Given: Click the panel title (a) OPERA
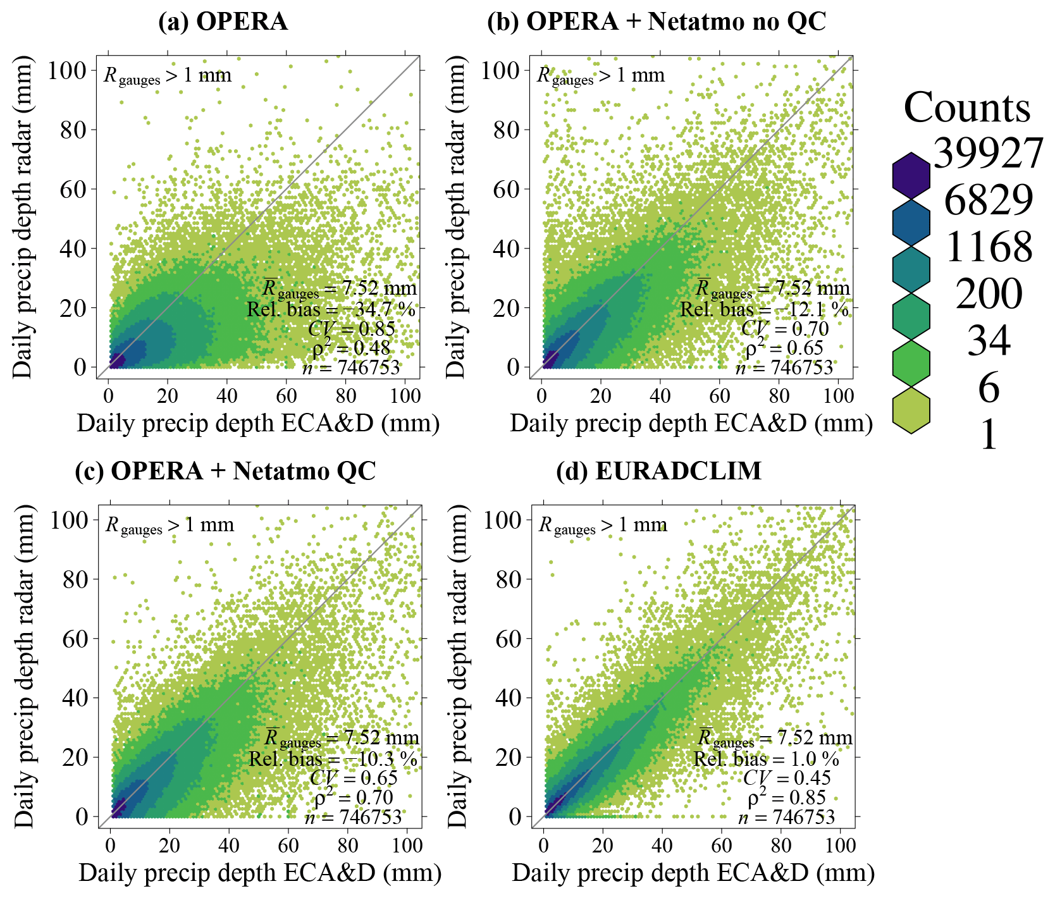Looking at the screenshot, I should pyautogui.click(x=223, y=22).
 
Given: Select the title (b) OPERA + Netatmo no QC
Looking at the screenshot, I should pyautogui.click(x=656, y=22).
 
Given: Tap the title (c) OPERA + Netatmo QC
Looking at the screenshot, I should pyautogui.click(x=225, y=471).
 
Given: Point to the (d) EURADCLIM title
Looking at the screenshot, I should pyautogui.click(x=658, y=471).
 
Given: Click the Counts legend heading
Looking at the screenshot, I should pyautogui.click(x=966, y=108).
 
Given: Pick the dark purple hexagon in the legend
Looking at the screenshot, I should pyautogui.click(x=911, y=175).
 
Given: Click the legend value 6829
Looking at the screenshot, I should pyautogui.click(x=989, y=200).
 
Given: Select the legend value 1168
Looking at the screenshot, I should pyautogui.click(x=989, y=247).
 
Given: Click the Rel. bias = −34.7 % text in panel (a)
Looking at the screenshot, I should pyautogui.click(x=331, y=309).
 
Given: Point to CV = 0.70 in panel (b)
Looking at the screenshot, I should pyautogui.click(x=784, y=329).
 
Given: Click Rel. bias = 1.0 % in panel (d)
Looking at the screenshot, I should pyautogui.click(x=766, y=759).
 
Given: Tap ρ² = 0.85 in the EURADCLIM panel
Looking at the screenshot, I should pyautogui.click(x=786, y=798).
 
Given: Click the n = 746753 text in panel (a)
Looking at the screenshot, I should pyautogui.click(x=351, y=368).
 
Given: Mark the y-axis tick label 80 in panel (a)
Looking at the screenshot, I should pyautogui.click(x=73, y=130).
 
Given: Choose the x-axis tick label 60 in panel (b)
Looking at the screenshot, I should pyautogui.click(x=719, y=397).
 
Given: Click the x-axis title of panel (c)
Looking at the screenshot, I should pyautogui.click(x=260, y=873).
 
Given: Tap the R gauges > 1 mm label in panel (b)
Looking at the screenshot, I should pyautogui.click(x=600, y=76).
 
